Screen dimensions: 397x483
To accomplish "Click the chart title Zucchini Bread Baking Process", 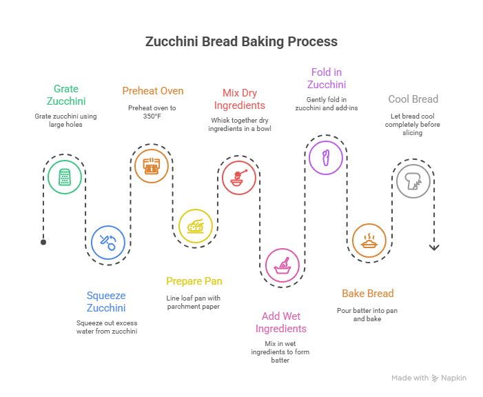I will coord(241,42).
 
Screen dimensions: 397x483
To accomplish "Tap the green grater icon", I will coord(65,177).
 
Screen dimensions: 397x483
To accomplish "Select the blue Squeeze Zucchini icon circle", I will coord(108,242).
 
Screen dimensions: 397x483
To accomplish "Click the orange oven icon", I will coord(151,165).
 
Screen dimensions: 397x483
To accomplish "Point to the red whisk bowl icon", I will coord(238,177).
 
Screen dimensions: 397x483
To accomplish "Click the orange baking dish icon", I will coord(369,241).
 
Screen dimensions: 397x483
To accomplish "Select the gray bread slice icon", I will coord(413,181).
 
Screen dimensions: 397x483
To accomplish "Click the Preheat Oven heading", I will coord(152,91).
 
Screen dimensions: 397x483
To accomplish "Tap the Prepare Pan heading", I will coord(194,281).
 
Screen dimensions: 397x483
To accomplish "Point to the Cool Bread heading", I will coord(413,99).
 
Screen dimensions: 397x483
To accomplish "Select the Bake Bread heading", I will coord(368,294).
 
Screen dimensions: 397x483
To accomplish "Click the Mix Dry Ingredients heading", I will coord(239,99).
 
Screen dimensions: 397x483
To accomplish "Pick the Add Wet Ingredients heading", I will coord(280,323).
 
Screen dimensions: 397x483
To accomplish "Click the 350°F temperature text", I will coord(152,116).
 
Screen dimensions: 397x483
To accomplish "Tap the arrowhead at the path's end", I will coord(434,247).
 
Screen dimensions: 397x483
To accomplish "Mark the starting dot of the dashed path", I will coord(43,242).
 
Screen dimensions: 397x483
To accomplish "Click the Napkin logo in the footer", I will coord(450,378).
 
